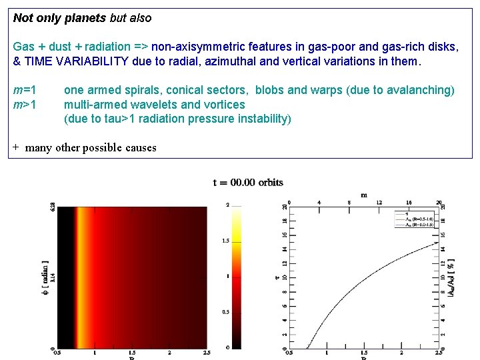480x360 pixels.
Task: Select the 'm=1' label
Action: click(x=25, y=90)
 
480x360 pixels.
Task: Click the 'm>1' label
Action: click(x=25, y=105)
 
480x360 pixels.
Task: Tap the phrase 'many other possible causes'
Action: click(x=91, y=147)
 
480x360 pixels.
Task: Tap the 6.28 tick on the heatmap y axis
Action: click(x=52, y=209)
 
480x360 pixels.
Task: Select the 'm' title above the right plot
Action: click(x=363, y=195)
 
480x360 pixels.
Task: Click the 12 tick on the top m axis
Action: click(x=379, y=203)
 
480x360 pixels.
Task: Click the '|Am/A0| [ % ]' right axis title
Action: click(x=451, y=278)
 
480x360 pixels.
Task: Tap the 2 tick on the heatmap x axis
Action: click(x=169, y=353)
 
